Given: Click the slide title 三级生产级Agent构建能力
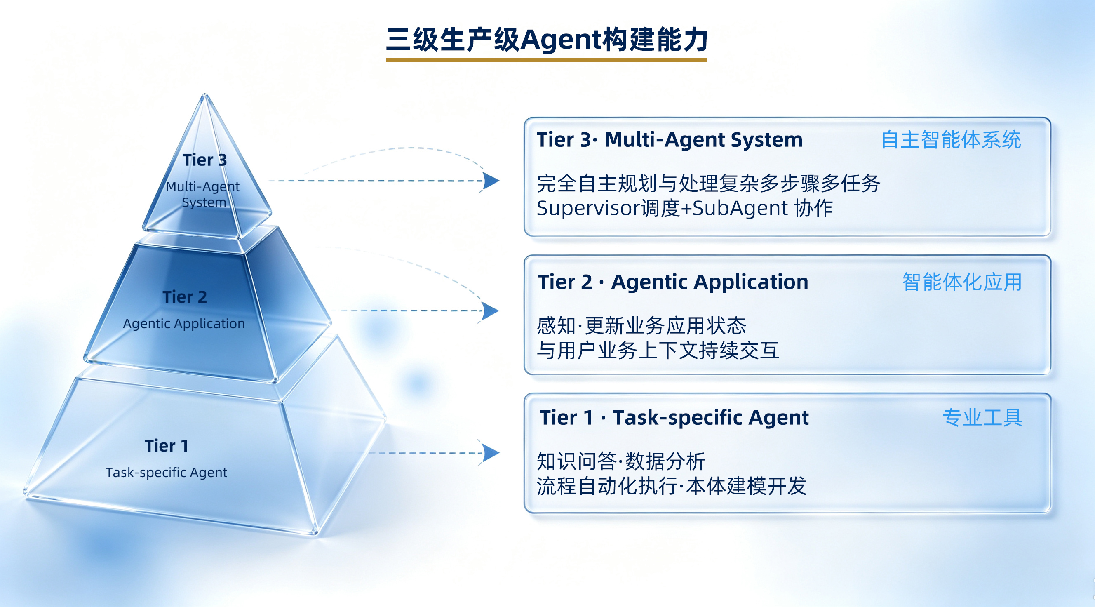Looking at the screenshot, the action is [x=547, y=40].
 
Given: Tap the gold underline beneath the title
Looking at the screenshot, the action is [x=546, y=60].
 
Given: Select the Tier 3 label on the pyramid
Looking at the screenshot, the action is [x=205, y=160].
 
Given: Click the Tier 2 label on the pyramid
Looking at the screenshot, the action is [x=184, y=297].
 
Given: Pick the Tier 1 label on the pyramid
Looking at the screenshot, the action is [x=166, y=445].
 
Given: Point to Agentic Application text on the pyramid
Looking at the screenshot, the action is [x=183, y=324].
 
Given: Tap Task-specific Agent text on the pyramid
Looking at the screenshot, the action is [x=166, y=473].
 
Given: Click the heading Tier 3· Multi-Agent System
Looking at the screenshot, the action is [x=670, y=140].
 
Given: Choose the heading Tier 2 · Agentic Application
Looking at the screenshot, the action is [x=673, y=282].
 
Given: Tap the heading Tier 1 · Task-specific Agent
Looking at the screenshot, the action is [x=674, y=417].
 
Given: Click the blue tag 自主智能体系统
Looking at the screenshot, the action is [x=951, y=140].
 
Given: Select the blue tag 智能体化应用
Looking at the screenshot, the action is [x=962, y=282].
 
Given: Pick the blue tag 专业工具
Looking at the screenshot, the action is [x=982, y=417].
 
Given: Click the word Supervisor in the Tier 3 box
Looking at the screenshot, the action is [x=588, y=208].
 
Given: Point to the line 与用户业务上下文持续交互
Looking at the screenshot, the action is [x=658, y=351].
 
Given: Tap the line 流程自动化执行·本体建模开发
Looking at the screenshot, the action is [x=671, y=486].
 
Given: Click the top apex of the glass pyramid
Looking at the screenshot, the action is [x=205, y=94].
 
